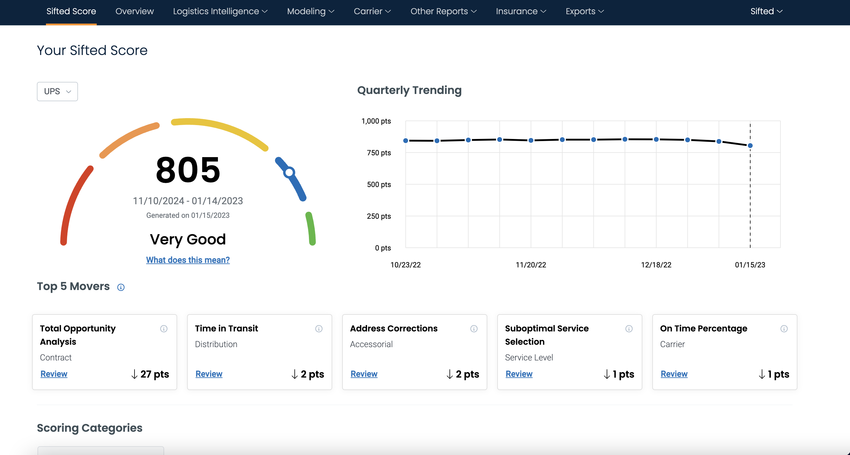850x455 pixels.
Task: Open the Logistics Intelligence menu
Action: [x=220, y=11]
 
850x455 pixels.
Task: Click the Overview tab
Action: [x=134, y=11]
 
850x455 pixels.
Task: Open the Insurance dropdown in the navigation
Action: [x=521, y=11]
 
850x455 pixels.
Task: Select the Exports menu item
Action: [x=584, y=11]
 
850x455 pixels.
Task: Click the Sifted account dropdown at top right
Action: [x=766, y=11]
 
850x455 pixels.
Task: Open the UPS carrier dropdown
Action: [x=57, y=91]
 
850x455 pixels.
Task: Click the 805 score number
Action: [x=188, y=170]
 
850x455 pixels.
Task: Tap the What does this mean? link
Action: [x=188, y=260]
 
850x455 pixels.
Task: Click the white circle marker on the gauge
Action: [x=289, y=172]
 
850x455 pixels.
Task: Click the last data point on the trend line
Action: [x=750, y=145]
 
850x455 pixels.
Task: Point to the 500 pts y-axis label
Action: [x=378, y=184]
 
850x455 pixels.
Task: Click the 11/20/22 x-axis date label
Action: [x=530, y=265]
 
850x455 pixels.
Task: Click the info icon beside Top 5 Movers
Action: [x=121, y=287]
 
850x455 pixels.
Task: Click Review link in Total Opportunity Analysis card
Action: [x=54, y=374]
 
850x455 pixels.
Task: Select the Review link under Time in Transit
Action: [x=209, y=374]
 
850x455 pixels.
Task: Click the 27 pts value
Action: [x=154, y=374]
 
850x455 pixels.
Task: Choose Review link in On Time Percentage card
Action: [x=674, y=374]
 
